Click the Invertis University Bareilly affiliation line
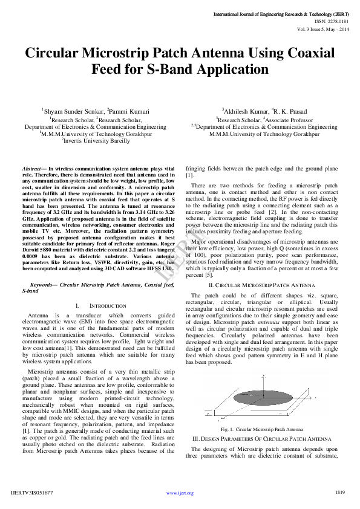tap(96, 141)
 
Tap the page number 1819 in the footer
tap(340, 493)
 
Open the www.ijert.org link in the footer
tap(180, 493)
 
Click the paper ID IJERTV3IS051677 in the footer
tap(33, 493)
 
